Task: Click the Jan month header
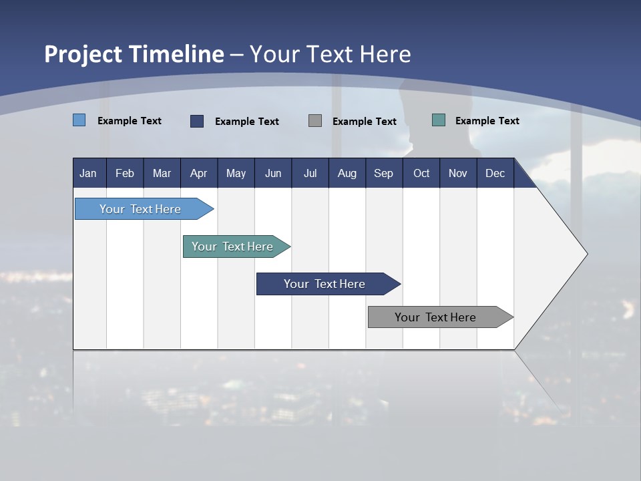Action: tap(88, 173)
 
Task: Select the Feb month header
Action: tap(125, 173)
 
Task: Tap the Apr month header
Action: tap(198, 173)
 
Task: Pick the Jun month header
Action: tap(273, 173)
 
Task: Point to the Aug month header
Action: tap(347, 173)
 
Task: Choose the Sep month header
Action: tap(383, 173)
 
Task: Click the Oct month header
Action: tap(421, 173)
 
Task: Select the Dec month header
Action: tap(495, 173)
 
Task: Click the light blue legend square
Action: tap(79, 120)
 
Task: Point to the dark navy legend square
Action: tap(197, 121)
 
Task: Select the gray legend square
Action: tap(315, 121)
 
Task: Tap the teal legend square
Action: tap(439, 120)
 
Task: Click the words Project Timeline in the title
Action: tap(134, 54)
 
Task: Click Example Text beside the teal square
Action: tap(487, 120)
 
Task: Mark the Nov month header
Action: tap(457, 173)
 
